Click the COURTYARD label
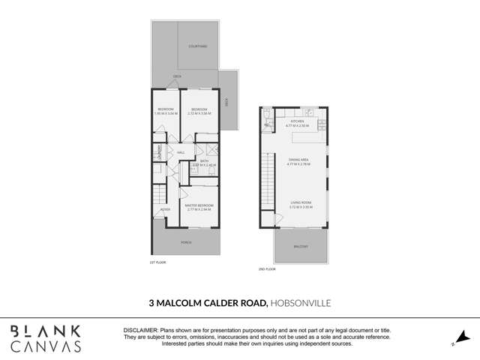coord(199,46)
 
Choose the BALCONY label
coord(300,246)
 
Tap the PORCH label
coord(185,242)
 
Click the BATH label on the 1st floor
coord(204,160)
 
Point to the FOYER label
coord(164,209)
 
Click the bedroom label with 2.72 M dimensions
coord(199,111)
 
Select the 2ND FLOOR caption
coord(267,268)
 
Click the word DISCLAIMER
coord(140,330)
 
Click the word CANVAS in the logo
coord(46,346)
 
